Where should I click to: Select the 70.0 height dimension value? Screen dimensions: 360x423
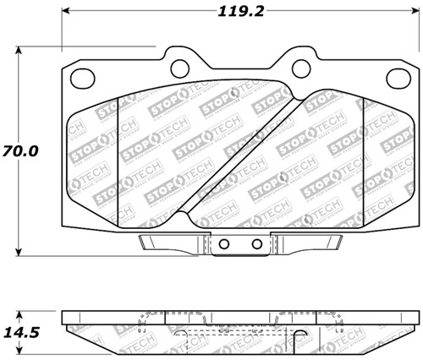23,153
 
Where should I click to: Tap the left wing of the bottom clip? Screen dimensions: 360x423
168,244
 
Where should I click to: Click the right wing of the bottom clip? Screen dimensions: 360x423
312,244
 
